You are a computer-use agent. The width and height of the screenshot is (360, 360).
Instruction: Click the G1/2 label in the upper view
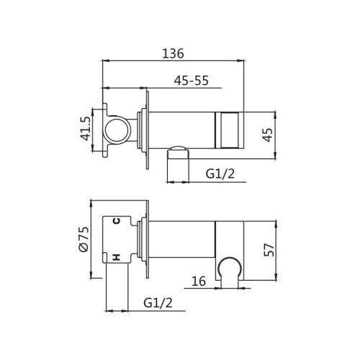220,174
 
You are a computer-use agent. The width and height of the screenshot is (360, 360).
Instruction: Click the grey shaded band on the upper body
228,130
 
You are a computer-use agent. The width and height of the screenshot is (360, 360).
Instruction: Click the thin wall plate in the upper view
148,130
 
